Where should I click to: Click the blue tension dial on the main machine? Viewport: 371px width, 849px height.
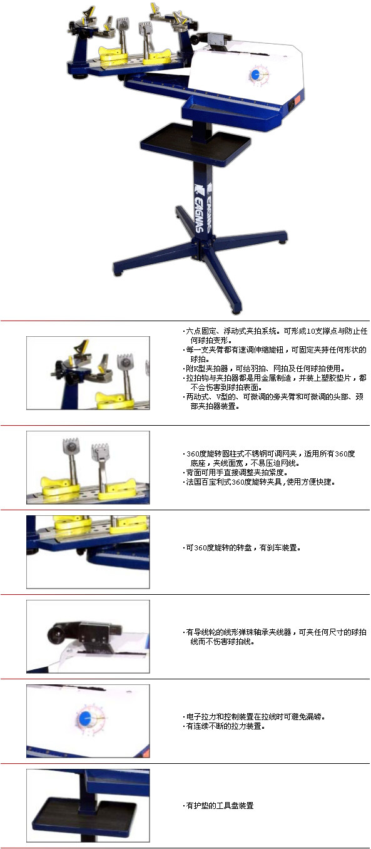(255, 75)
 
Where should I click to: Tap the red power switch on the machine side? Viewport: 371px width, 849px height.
(296, 101)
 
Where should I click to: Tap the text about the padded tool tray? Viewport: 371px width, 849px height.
(218, 805)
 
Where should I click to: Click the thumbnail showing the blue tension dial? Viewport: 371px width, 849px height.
(88, 721)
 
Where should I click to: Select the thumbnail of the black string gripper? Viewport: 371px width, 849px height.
(88, 636)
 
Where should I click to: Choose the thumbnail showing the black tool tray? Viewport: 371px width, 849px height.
(88, 806)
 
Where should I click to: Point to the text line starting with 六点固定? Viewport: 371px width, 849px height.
(275, 331)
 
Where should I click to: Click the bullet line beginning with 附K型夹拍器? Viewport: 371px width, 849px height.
(264, 368)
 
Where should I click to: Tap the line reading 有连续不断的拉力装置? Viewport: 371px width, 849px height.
(224, 726)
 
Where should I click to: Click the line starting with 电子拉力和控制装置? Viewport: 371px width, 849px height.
(254, 717)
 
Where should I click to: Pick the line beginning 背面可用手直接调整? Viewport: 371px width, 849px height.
(235, 472)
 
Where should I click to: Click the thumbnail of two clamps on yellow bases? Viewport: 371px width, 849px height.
(88, 467)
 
